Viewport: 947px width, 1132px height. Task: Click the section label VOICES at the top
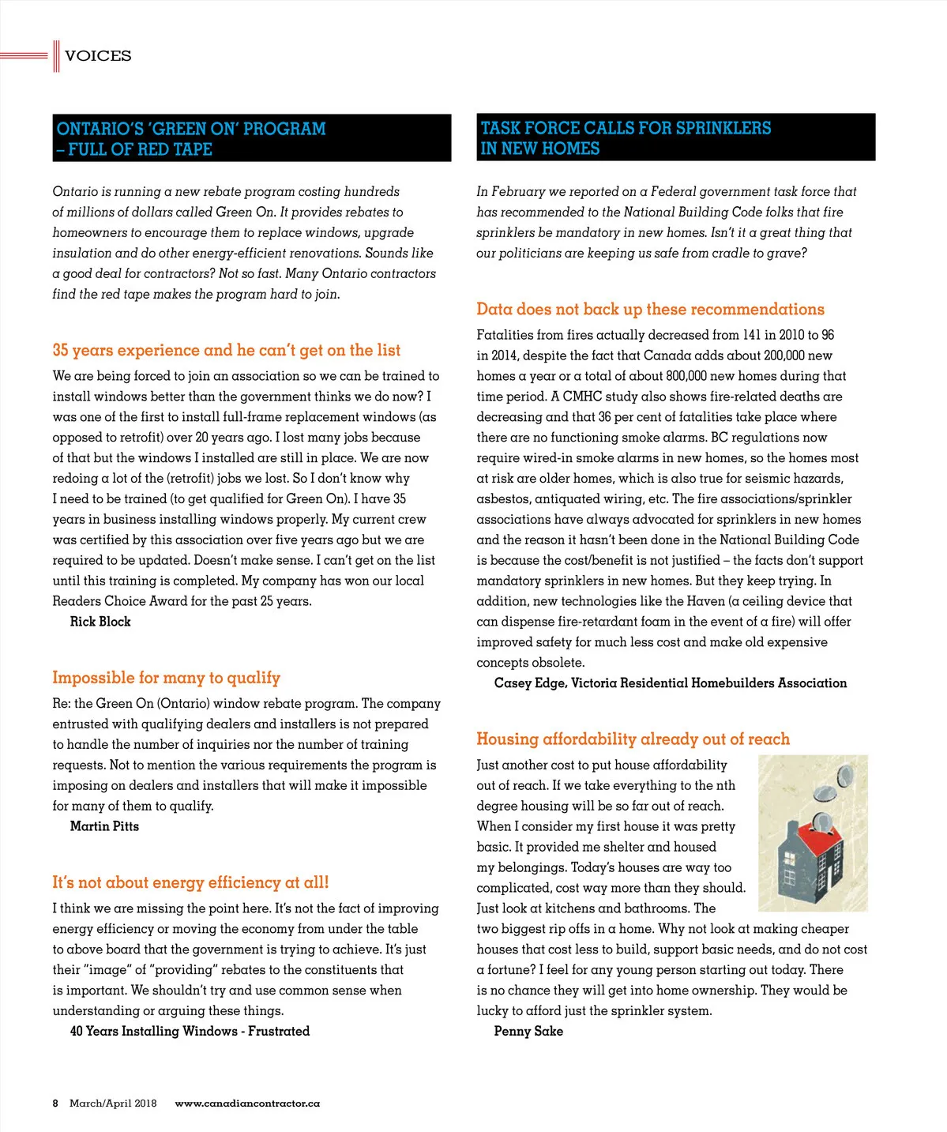coord(98,56)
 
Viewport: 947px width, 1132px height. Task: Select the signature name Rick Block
coord(100,622)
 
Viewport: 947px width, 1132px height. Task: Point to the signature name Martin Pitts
coord(104,826)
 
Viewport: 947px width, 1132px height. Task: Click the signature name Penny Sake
coord(528,1031)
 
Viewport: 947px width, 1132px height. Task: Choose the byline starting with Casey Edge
coord(670,683)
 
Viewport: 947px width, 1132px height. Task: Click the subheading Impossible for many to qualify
coord(166,678)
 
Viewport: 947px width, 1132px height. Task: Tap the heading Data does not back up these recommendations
coord(650,309)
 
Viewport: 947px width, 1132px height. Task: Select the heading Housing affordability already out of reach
coord(633,739)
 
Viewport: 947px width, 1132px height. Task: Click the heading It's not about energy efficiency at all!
coord(190,882)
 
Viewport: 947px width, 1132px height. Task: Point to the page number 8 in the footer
coord(55,1104)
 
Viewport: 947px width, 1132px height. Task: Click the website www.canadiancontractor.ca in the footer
coord(247,1104)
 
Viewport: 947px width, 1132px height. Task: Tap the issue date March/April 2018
coord(113,1104)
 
